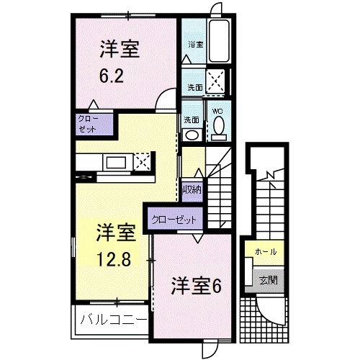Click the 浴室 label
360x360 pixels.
(196, 45)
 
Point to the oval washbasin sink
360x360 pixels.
(192, 135)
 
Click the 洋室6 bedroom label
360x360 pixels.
(194, 285)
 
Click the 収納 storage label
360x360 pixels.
(192, 190)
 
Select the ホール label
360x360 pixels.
(264, 252)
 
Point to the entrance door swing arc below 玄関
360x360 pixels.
(271, 311)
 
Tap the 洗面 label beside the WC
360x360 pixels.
(191, 120)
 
